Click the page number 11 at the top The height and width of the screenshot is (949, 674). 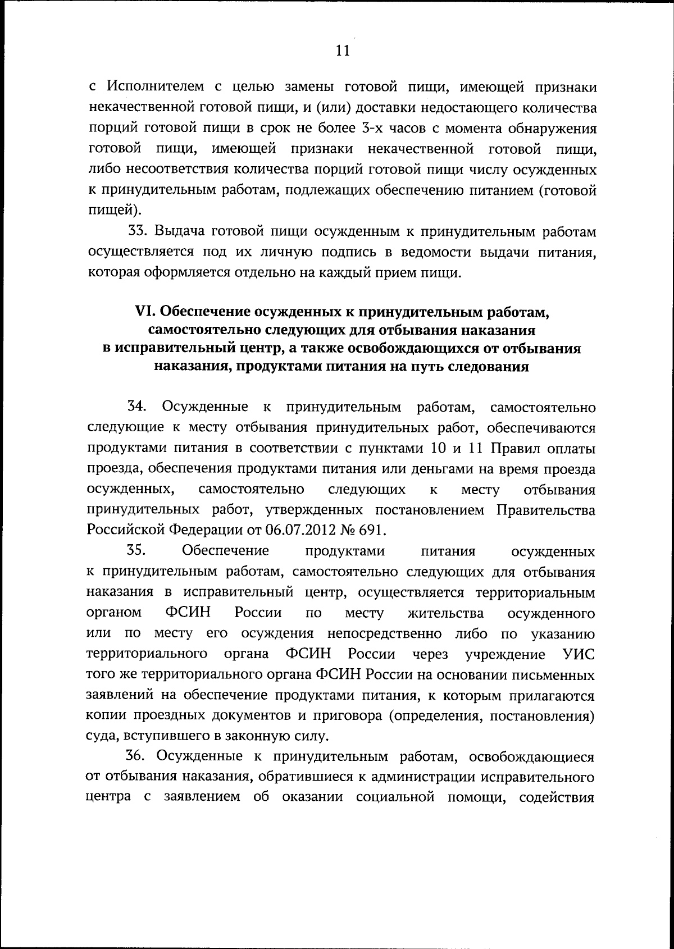[343, 51]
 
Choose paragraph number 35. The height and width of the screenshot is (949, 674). [136, 551]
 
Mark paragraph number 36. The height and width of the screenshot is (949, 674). [137, 756]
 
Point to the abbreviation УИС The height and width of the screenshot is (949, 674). [579, 654]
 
